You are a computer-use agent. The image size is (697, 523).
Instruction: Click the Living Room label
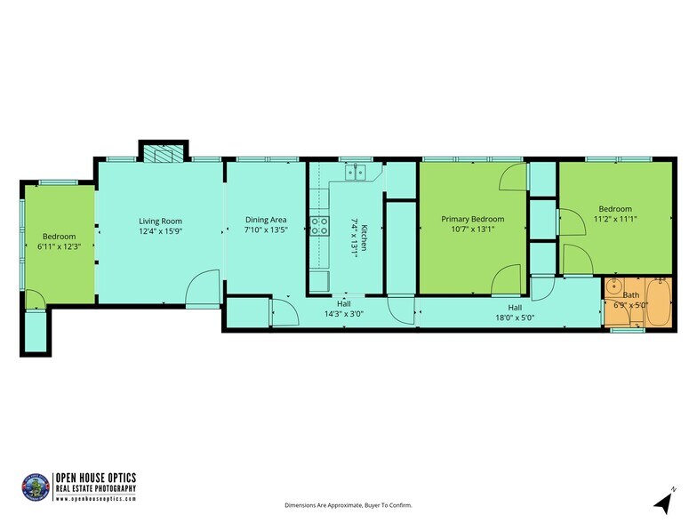[160, 221]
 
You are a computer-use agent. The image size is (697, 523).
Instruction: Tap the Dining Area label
[265, 220]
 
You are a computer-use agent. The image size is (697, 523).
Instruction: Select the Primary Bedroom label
[472, 219]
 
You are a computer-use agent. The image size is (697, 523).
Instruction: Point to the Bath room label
[630, 294]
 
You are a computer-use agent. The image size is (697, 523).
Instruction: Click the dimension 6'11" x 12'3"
[60, 246]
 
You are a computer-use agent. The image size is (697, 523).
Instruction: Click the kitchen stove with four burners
[319, 227]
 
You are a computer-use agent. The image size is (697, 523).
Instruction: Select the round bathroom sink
[613, 288]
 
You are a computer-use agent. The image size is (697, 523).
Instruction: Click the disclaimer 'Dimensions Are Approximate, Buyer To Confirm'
[348, 505]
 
